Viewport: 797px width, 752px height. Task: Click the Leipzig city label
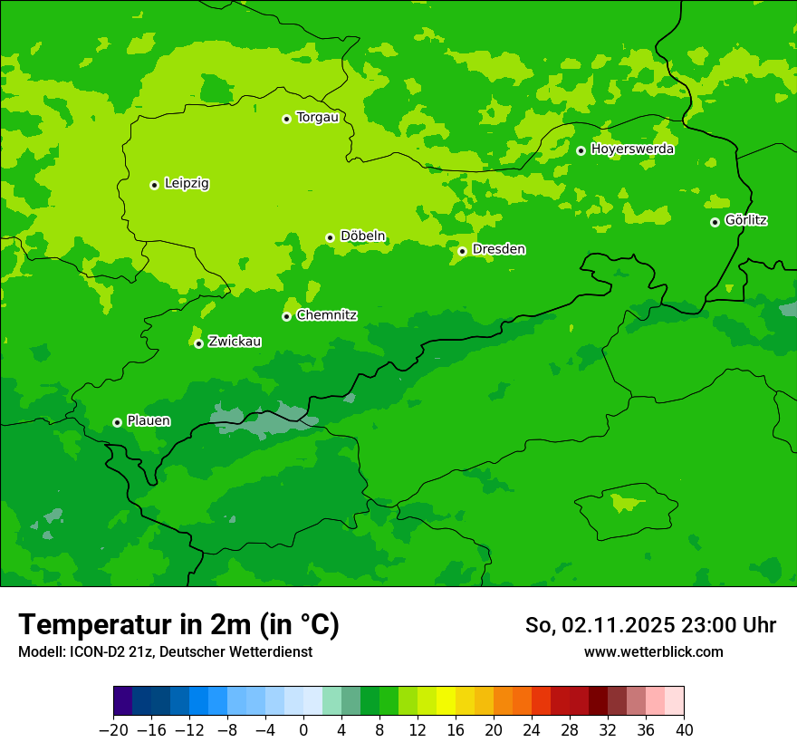[187, 184]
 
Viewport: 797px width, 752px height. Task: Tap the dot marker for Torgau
[286, 119]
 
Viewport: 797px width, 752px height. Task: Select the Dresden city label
[498, 249]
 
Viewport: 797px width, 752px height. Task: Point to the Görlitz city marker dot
[715, 222]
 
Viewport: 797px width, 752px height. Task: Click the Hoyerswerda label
[632, 149]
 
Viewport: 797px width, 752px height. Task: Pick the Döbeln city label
[362, 236]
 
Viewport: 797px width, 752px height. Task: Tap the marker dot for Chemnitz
[286, 316]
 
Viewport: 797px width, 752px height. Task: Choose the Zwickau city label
[235, 342]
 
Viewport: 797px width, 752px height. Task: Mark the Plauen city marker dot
[117, 422]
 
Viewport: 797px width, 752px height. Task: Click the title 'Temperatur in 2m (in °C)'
[178, 624]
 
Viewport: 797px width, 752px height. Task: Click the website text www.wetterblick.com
[653, 651]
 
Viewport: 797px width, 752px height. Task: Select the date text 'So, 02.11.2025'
[600, 625]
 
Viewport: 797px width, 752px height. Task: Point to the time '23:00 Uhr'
[728, 625]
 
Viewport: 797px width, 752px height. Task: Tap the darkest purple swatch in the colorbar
[122, 701]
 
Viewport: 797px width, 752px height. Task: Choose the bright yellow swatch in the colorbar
[446, 701]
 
